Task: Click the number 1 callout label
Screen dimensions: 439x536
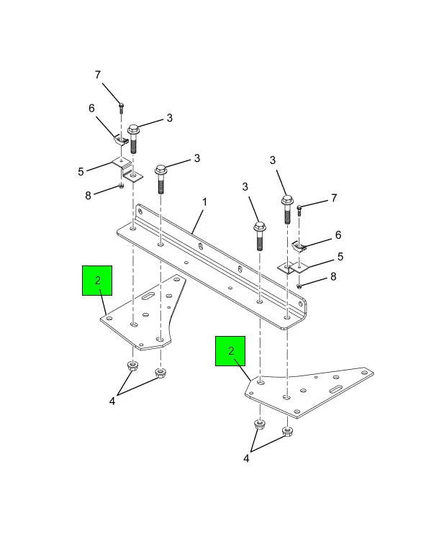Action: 204,202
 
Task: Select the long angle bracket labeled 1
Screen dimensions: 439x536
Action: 212,267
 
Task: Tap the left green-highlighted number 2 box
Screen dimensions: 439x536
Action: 97,281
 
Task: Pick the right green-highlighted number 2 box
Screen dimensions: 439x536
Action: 230,351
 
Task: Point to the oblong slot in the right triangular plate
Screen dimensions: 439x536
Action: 335,389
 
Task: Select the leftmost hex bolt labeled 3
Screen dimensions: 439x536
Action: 133,139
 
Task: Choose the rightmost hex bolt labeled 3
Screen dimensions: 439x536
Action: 287,209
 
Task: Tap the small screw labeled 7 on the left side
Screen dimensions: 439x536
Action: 121,108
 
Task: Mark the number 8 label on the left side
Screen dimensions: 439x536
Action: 89,196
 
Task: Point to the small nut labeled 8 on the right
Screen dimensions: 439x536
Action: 299,286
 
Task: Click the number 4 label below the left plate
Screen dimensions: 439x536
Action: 112,401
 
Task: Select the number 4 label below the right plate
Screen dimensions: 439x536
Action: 246,458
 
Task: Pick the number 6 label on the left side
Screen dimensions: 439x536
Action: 91,109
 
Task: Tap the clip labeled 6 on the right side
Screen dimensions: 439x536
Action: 298,246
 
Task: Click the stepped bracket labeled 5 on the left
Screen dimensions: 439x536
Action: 127,170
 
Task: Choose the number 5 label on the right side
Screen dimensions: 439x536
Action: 340,257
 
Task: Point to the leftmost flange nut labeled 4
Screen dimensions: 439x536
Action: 132,365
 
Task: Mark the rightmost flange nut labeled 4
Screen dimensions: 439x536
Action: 288,432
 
